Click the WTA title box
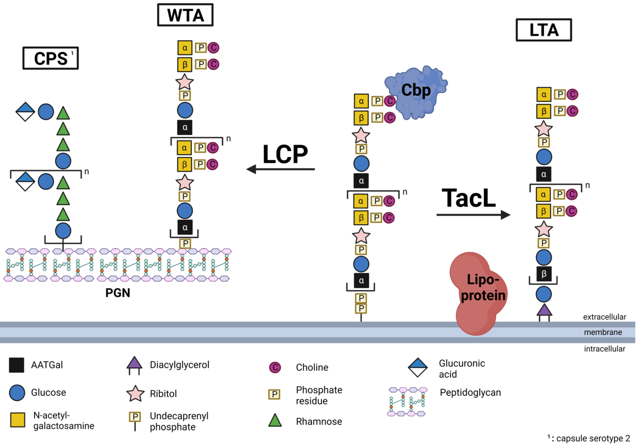[185, 15]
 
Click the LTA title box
[544, 31]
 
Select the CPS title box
[50, 58]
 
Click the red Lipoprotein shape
[478, 294]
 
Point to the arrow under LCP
[280, 170]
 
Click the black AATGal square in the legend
[16, 365]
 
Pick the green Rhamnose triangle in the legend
[275, 420]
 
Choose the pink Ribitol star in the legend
[135, 393]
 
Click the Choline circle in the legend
[275, 367]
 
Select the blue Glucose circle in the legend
[16, 393]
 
